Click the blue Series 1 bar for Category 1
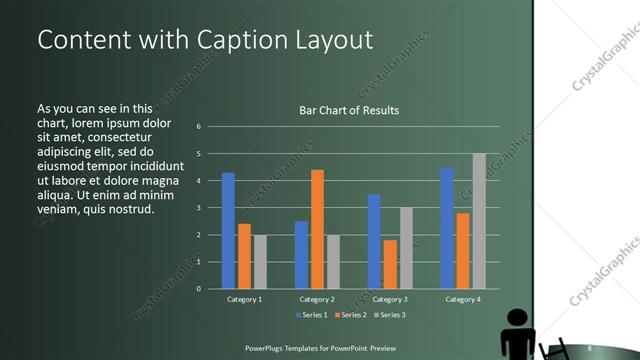228,231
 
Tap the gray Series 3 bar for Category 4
479,221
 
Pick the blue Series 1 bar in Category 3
374,241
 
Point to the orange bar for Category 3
389,264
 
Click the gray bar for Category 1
260,262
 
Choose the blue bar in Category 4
446,228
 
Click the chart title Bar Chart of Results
349,110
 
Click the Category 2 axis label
317,299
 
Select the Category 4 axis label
462,299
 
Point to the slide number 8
590,348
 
